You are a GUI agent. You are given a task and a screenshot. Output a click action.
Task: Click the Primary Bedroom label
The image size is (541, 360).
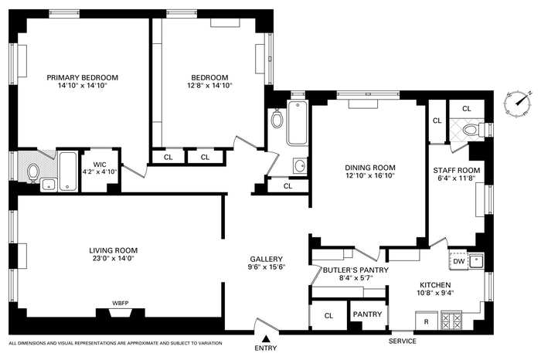pyautogui.click(x=83, y=77)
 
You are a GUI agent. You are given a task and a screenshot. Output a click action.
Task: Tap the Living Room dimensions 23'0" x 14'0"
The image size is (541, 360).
pyautogui.click(x=113, y=258)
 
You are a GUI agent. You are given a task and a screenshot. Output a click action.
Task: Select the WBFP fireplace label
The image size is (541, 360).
pyautogui.click(x=121, y=304)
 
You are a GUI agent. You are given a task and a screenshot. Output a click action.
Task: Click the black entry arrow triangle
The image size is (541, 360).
pyautogui.click(x=266, y=338)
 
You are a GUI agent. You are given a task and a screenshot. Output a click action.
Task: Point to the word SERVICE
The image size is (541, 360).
pyautogui.click(x=403, y=341)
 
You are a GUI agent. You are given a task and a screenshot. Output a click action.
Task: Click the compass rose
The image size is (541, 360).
pyautogui.click(x=517, y=104)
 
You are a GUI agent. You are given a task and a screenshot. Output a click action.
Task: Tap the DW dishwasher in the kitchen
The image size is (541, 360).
pyautogui.click(x=458, y=261)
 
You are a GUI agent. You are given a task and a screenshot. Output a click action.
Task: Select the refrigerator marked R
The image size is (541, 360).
pyautogui.click(x=427, y=321)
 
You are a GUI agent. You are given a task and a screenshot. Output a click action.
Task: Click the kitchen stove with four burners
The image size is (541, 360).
pyautogui.click(x=451, y=321)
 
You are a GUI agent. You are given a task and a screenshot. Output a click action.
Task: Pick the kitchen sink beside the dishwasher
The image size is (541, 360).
pyautogui.click(x=476, y=261)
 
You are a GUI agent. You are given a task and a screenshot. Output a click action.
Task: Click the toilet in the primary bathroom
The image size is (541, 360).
pyautogui.click(x=33, y=172)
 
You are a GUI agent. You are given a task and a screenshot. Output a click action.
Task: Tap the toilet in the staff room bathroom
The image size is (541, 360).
pyautogui.click(x=470, y=130)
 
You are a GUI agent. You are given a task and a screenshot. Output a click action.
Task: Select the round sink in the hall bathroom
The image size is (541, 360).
pyautogui.click(x=300, y=166)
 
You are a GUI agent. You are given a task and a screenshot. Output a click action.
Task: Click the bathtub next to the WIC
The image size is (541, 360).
pyautogui.click(x=68, y=172)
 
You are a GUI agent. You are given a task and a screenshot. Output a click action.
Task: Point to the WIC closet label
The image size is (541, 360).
pyautogui.click(x=100, y=165)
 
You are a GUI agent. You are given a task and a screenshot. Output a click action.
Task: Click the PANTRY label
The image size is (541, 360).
pyautogui.click(x=367, y=314)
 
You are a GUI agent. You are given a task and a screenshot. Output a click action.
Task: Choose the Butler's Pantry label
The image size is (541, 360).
pyautogui.click(x=356, y=270)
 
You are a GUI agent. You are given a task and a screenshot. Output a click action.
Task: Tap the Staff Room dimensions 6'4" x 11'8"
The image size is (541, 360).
pyautogui.click(x=457, y=178)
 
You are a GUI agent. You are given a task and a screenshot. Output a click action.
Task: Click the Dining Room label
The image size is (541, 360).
pyautogui.click(x=370, y=168)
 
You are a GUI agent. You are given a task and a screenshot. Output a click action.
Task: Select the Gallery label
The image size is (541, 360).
pyautogui.click(x=267, y=259)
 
